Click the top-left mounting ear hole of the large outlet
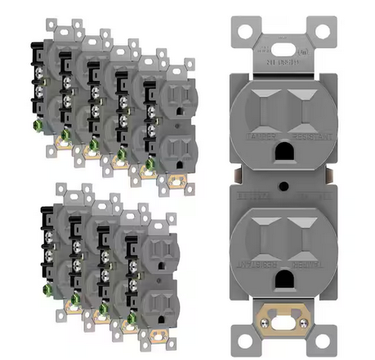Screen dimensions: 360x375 point(241,32)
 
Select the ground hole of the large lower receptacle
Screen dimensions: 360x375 point(283,279)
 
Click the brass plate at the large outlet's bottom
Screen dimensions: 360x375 point(283,313)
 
